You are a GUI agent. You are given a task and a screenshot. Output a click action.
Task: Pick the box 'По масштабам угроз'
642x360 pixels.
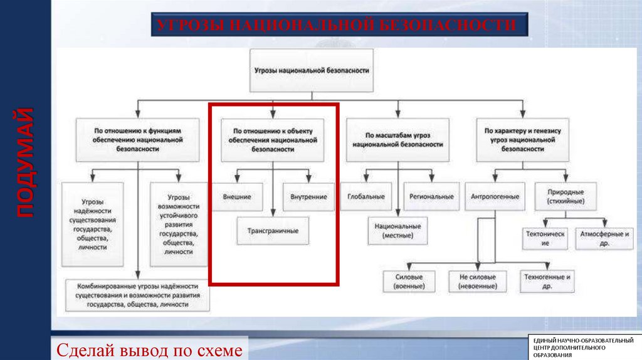point(397,139)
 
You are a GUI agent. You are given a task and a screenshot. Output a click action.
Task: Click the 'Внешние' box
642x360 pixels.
point(237,196)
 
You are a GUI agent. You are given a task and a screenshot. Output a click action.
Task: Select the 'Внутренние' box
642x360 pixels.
point(308,196)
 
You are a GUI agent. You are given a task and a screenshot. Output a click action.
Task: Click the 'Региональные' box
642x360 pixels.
point(431,196)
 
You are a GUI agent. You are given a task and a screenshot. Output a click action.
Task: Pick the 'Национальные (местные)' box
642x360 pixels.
point(398,231)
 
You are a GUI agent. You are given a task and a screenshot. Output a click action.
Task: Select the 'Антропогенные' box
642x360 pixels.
point(495,196)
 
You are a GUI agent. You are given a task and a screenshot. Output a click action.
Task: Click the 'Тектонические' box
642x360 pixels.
point(545,238)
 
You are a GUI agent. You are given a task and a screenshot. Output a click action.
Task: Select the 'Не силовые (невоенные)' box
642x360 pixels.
point(478,281)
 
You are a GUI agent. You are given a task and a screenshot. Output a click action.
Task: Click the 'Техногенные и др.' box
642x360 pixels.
point(547,281)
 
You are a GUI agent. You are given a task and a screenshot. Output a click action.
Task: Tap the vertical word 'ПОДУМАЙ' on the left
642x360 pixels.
point(24,162)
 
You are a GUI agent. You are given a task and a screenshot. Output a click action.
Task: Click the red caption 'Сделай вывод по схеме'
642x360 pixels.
point(149,349)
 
